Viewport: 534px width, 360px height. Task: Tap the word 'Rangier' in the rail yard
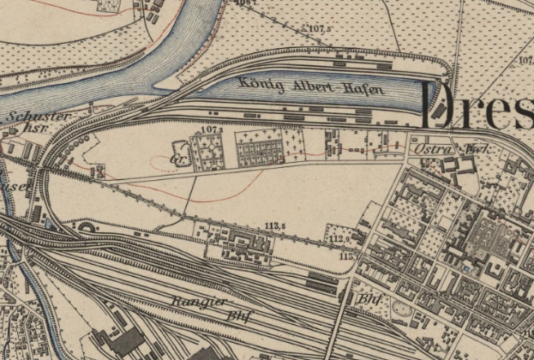pyautogui.click(x=199, y=302)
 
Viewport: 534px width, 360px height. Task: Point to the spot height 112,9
pyautogui.click(x=340, y=237)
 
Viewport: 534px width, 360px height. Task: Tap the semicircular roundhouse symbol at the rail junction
pyautogui.click(x=88, y=227)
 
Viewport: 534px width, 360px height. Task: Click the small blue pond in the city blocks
pyautogui.click(x=464, y=267)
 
